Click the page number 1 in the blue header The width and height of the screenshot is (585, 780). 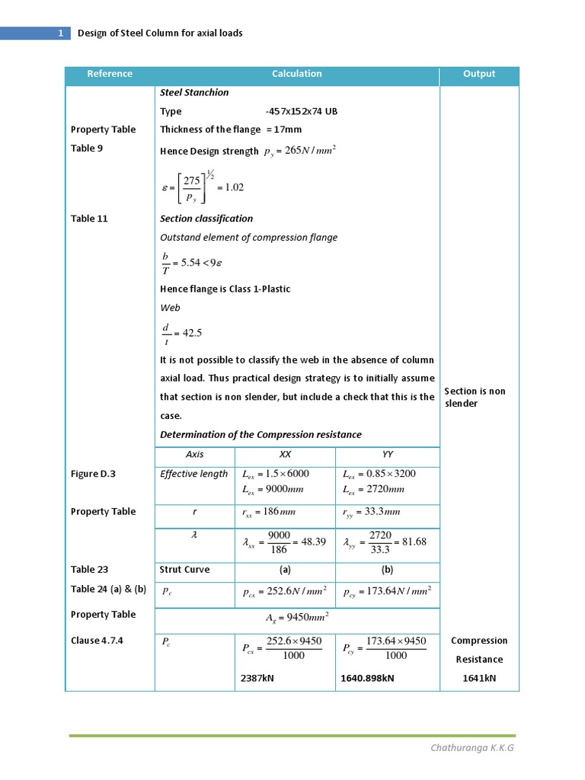pyautogui.click(x=60, y=34)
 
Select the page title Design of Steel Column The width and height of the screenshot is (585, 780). pyautogui.click(x=160, y=34)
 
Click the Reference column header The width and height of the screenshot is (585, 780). pyautogui.click(x=110, y=74)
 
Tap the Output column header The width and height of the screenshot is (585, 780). pyautogui.click(x=478, y=74)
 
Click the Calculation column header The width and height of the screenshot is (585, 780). pyautogui.click(x=296, y=74)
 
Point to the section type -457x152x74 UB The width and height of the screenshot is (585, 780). pyautogui.click(x=301, y=111)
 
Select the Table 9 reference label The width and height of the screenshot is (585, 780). pyautogui.click(x=87, y=149)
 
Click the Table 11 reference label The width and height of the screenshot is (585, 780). pyautogui.click(x=89, y=219)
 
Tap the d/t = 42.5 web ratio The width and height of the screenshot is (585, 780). pyautogui.click(x=181, y=333)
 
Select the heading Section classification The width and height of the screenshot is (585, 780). pyautogui.click(x=206, y=219)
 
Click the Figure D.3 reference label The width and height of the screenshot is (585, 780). pyautogui.click(x=93, y=474)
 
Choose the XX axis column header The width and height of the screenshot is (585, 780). pyautogui.click(x=286, y=454)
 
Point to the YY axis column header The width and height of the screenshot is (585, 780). pyautogui.click(x=387, y=454)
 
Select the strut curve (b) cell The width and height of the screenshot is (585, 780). pyautogui.click(x=387, y=569)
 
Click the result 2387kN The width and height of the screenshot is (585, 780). pyautogui.click(x=257, y=677)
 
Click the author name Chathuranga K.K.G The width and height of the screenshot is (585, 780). pyautogui.click(x=472, y=748)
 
